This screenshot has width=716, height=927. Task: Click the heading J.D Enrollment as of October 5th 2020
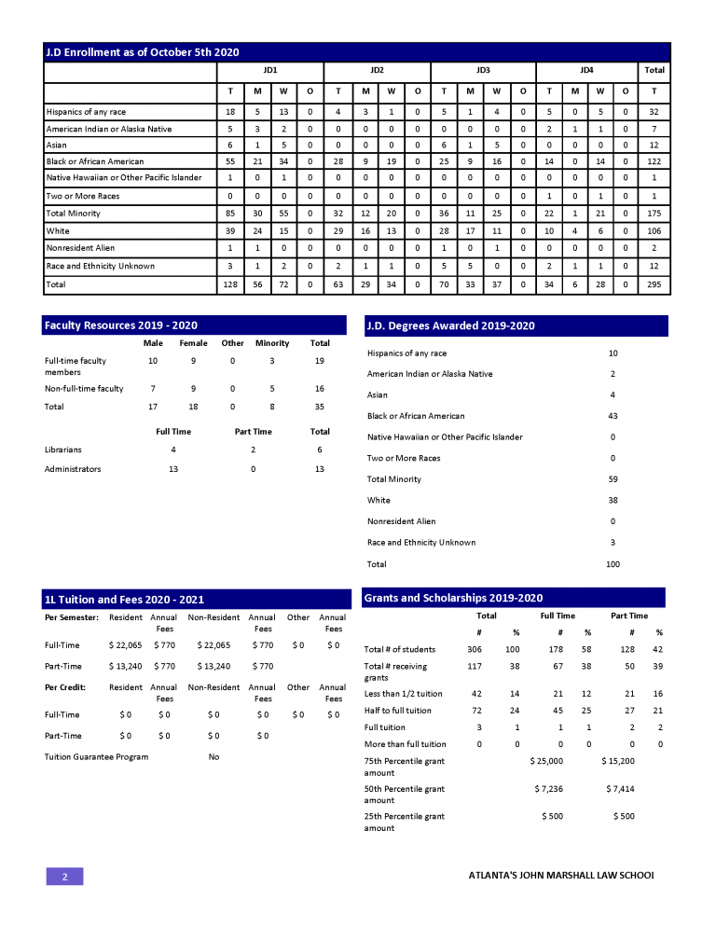[x=142, y=52]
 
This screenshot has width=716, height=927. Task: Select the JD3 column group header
[x=483, y=70]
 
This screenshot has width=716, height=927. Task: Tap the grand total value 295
[x=654, y=284]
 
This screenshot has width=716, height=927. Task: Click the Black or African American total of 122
[x=654, y=161]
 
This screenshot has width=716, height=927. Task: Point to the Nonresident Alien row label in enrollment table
[x=82, y=249]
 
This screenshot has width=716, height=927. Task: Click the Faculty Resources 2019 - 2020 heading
[x=120, y=325]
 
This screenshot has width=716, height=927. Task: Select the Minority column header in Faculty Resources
[x=273, y=343]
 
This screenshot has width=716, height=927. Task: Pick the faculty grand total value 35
[x=319, y=407]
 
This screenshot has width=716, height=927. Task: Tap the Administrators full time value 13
[x=173, y=469]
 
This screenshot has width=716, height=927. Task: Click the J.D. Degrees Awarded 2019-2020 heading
[x=449, y=325]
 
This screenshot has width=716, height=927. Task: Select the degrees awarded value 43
[x=613, y=416]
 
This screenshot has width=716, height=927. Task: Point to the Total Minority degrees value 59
[x=613, y=479]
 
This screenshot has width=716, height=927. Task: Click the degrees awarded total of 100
[x=613, y=564]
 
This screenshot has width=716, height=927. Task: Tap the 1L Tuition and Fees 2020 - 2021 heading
[x=124, y=600]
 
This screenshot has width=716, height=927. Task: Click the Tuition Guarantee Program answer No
[x=213, y=757]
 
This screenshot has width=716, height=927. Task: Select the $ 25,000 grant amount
[x=545, y=761]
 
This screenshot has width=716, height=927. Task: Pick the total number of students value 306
[x=475, y=649]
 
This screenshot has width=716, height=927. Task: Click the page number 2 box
[x=65, y=877]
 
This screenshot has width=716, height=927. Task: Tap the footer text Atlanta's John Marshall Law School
[x=560, y=876]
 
